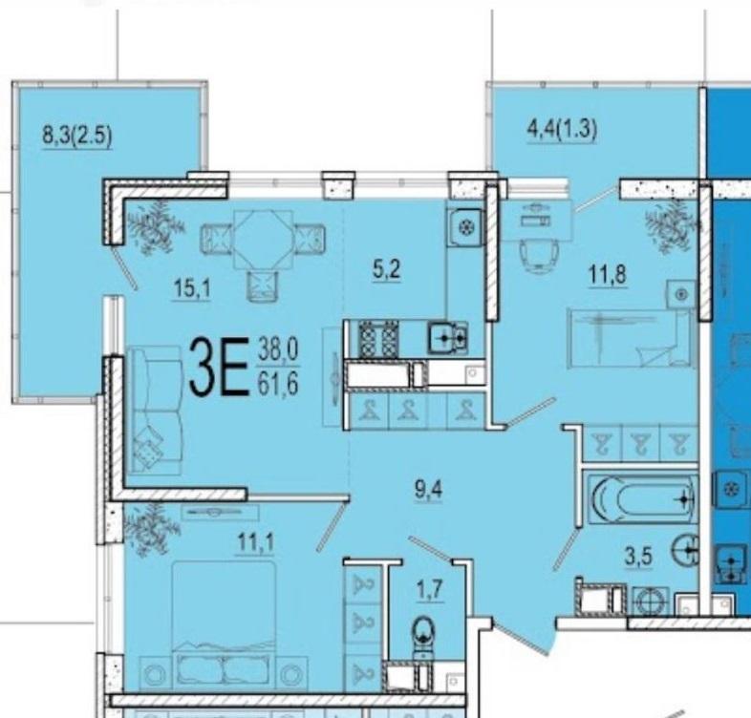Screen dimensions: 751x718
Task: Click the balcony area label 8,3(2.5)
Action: tap(77, 135)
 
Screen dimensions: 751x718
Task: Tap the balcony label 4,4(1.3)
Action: tap(562, 129)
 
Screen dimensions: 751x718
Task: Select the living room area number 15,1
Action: tap(192, 288)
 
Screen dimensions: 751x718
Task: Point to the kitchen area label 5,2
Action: tap(386, 270)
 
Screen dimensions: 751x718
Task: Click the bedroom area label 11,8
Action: tap(608, 275)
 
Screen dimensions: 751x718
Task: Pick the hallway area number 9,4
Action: tap(429, 489)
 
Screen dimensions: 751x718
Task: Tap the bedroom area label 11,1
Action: tap(256, 543)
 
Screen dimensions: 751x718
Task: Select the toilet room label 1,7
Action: tap(429, 590)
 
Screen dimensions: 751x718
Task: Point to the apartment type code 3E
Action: tap(219, 367)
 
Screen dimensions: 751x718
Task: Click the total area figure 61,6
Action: tap(278, 384)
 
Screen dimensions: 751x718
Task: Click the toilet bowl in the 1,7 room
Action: tap(423, 632)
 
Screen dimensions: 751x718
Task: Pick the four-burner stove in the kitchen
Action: tap(378, 338)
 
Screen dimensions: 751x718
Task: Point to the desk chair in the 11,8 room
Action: tap(539, 257)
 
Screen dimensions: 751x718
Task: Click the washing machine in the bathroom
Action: tap(651, 601)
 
